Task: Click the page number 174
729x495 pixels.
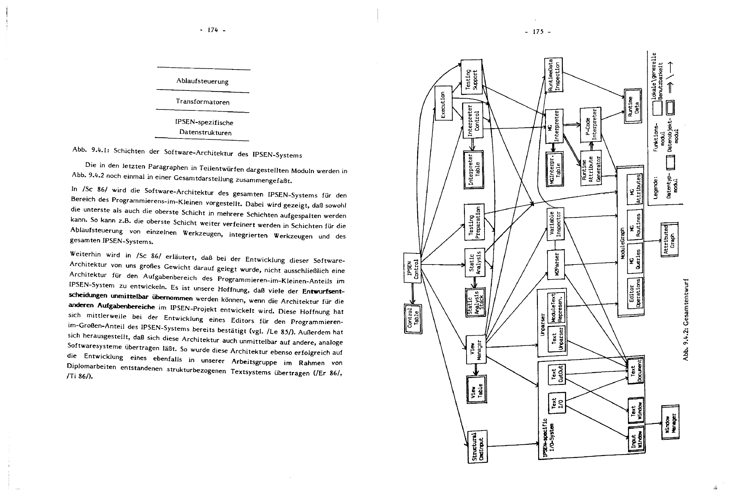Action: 213,30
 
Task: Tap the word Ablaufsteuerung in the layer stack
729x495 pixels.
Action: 202,81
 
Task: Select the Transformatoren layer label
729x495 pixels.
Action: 203,102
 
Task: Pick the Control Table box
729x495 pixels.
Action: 413,319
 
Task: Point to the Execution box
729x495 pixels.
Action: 443,103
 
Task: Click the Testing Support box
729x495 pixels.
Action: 471,77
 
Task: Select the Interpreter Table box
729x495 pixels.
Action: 474,169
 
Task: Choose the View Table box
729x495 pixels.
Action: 476,390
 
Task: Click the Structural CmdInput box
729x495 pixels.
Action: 478,446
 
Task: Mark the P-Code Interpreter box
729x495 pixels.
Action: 591,125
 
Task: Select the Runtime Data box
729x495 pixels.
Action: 633,106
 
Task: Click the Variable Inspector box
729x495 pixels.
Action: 556,224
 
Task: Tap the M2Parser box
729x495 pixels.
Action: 556,264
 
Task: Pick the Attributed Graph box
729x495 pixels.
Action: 669,240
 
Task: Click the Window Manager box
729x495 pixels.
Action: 670,422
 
